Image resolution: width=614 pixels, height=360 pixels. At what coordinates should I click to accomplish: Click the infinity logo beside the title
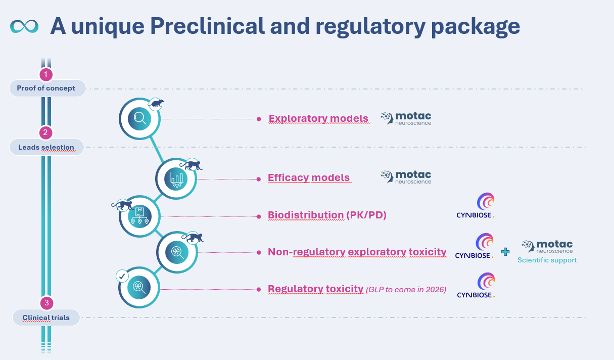pyautogui.click(x=24, y=26)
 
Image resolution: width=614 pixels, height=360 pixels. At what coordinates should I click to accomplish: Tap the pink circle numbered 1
pyautogui.click(x=46, y=75)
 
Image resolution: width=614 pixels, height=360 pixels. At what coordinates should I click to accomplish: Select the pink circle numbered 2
pyautogui.click(x=46, y=133)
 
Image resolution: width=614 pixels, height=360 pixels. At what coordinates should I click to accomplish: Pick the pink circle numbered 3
pyautogui.click(x=46, y=303)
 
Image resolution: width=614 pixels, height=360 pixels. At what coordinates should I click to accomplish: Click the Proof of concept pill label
pyautogui.click(x=46, y=88)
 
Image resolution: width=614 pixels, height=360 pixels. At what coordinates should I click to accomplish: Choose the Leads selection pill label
pyautogui.click(x=46, y=147)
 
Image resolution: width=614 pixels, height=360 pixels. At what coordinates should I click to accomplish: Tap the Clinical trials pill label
pyautogui.click(x=46, y=318)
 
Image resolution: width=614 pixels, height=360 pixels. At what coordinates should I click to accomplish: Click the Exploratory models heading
pyautogui.click(x=318, y=119)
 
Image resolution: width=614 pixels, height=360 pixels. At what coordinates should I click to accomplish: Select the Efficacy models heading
pyautogui.click(x=309, y=178)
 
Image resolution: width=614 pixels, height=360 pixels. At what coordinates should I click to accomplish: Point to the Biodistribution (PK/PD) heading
pyautogui.click(x=327, y=215)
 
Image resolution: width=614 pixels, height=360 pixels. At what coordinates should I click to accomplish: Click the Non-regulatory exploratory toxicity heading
pyautogui.click(x=357, y=252)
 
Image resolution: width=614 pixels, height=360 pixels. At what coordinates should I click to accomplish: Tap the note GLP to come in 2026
pyautogui.click(x=406, y=290)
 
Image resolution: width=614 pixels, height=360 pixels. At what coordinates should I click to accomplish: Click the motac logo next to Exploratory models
pyautogui.click(x=406, y=118)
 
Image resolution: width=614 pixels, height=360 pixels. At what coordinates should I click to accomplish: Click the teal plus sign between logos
pyautogui.click(x=505, y=252)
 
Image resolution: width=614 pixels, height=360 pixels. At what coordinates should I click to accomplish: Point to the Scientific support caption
pyautogui.click(x=547, y=260)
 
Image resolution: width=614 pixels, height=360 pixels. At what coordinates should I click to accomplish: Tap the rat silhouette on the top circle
pyautogui.click(x=157, y=105)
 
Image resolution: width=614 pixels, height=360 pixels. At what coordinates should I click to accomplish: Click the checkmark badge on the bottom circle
pyautogui.click(x=122, y=276)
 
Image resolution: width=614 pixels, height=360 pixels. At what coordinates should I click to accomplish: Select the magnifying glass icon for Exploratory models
pyautogui.click(x=139, y=119)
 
